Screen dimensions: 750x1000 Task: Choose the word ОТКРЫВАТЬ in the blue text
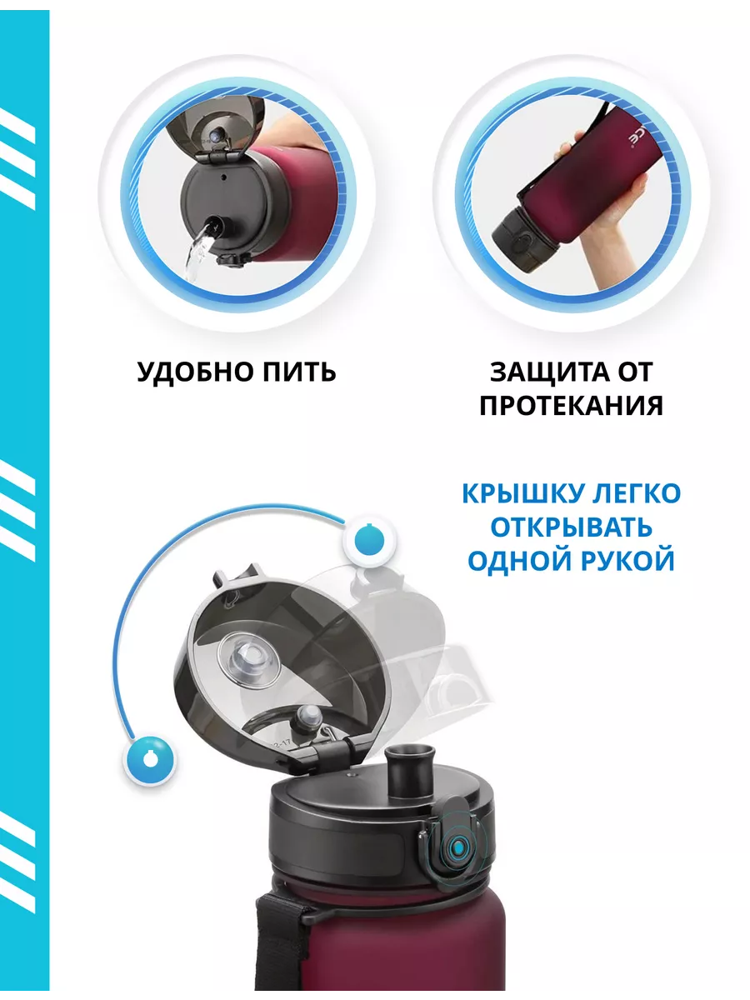tap(571, 527)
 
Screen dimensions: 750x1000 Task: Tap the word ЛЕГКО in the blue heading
tap(636, 494)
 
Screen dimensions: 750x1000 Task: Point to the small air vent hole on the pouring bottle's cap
tap(224, 177)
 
